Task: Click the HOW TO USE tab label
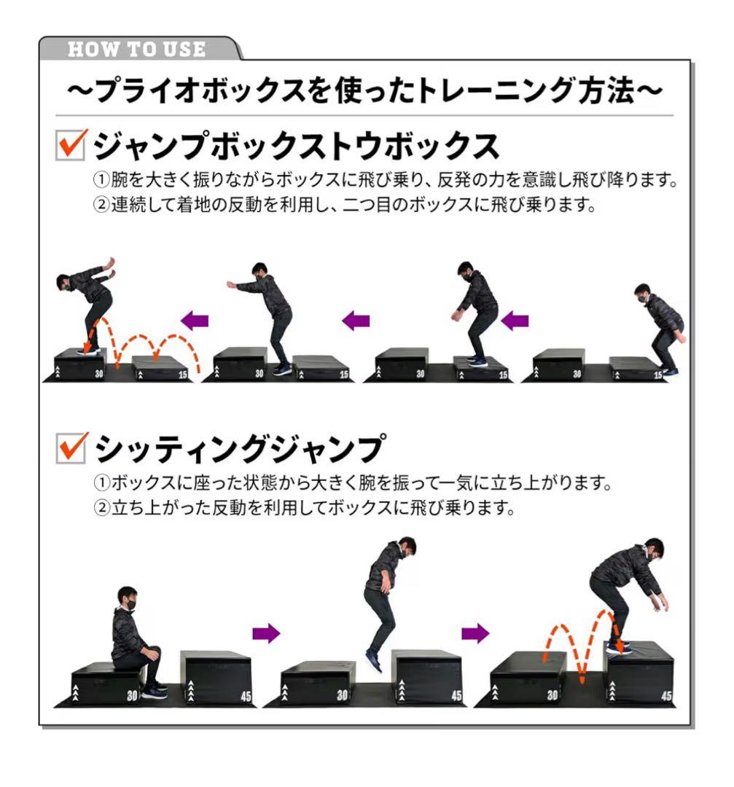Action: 136,50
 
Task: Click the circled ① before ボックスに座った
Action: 102,483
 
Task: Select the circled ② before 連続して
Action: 102,205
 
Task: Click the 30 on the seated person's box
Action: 132,695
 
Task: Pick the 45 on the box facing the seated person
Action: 246,696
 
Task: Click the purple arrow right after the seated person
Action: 266,633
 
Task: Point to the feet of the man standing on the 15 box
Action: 477,361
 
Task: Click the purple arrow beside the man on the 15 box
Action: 515,320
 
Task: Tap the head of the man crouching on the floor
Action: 642,293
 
